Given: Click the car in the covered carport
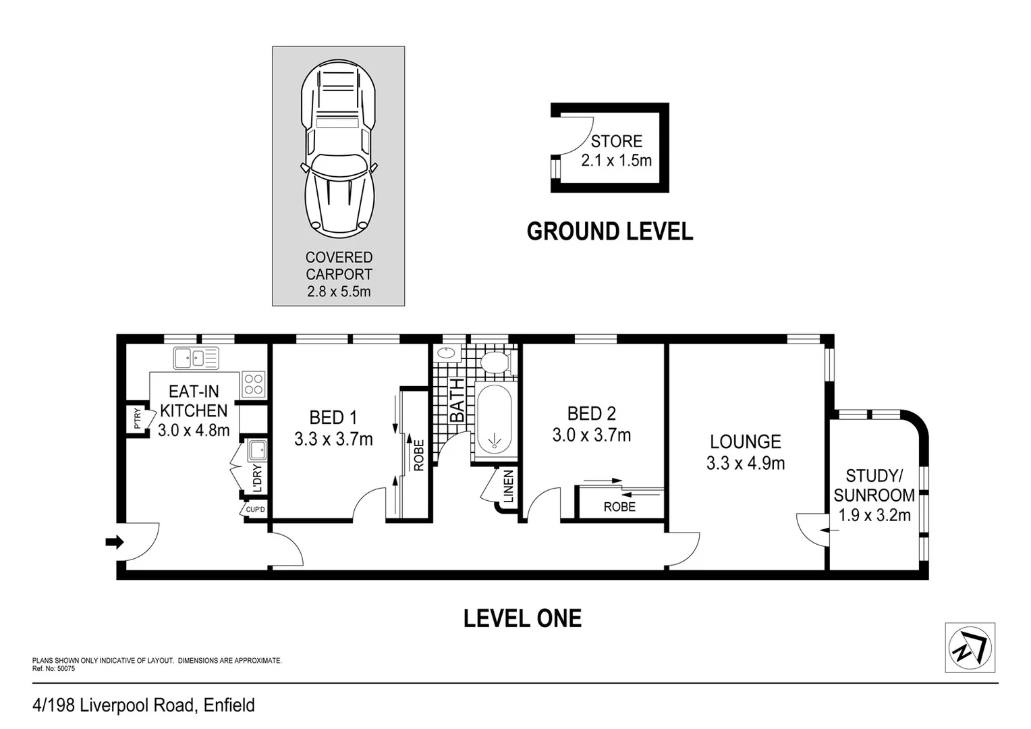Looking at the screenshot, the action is (x=339, y=148).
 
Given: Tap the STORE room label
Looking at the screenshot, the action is (x=616, y=141).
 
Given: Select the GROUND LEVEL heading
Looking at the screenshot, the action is (x=610, y=232).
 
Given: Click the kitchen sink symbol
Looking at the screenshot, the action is (x=196, y=358).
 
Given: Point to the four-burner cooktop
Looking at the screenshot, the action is (x=253, y=385).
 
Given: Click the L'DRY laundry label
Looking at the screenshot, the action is (x=257, y=479).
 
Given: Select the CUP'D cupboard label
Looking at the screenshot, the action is (x=256, y=510).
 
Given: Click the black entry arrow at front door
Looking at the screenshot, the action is (x=115, y=542).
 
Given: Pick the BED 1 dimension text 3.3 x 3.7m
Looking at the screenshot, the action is (x=333, y=439).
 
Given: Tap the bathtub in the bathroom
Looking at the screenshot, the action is (x=494, y=419).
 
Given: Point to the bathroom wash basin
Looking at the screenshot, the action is (x=446, y=354).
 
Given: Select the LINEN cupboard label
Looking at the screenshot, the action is (x=508, y=487).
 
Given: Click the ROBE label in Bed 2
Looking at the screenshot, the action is (x=619, y=507).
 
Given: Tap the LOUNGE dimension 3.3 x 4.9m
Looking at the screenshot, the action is (x=746, y=463).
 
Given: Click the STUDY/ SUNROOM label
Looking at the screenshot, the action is (x=874, y=485).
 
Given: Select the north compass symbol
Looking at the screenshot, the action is (x=970, y=647).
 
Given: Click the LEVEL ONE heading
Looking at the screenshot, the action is (x=522, y=618).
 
